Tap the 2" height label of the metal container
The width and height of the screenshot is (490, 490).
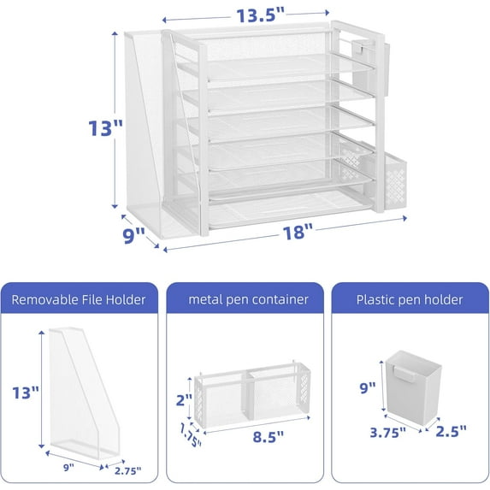click(x=183, y=399)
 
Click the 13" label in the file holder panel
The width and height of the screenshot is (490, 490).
click(x=26, y=393)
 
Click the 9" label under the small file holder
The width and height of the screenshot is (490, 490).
click(x=69, y=468)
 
